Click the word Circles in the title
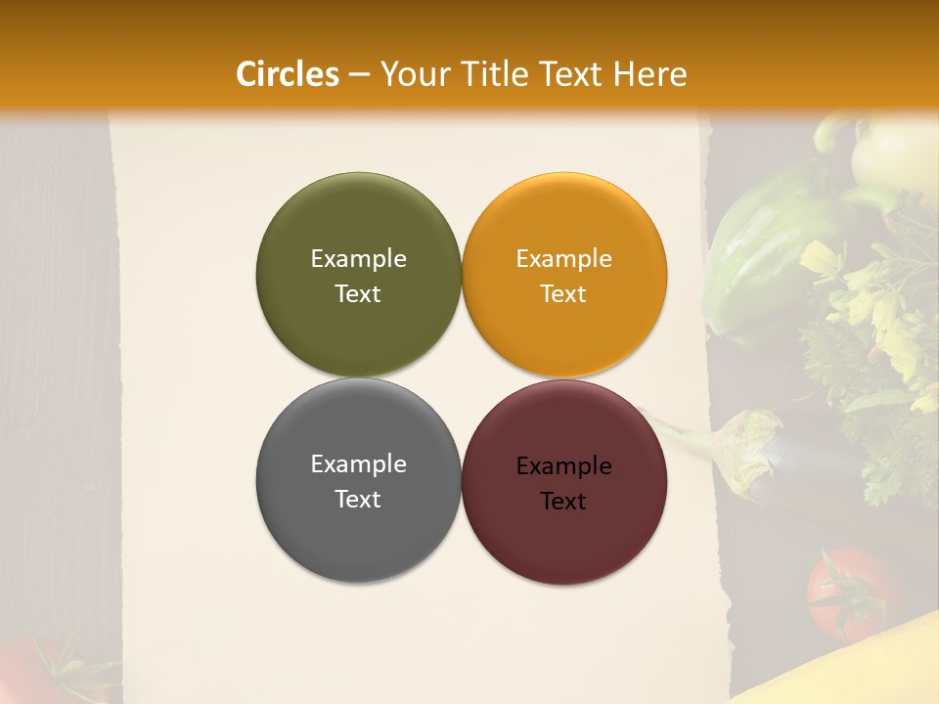coord(287,74)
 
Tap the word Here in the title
coord(649,74)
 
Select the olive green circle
coord(358,275)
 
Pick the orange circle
coord(563,275)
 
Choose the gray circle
coord(358,480)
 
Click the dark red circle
coord(563,482)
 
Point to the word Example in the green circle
coord(358,258)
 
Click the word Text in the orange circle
coord(563,293)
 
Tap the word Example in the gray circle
coord(358,463)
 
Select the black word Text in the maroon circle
coord(563,501)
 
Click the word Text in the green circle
coord(358,293)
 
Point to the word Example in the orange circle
coord(563,258)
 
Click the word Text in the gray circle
coord(358,499)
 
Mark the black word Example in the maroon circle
coord(563,465)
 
